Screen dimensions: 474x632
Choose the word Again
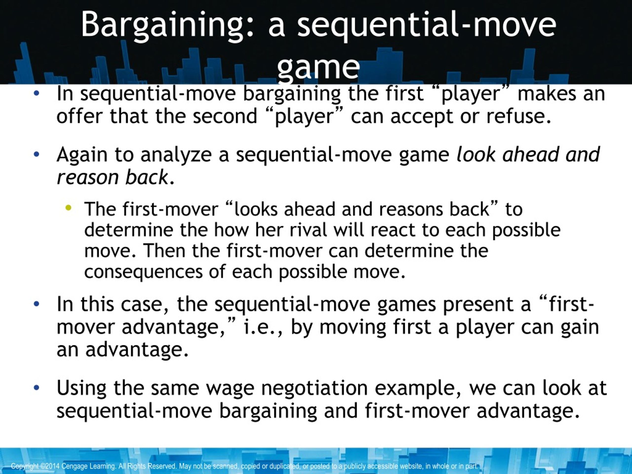coord(82,155)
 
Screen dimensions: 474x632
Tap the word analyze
coord(176,155)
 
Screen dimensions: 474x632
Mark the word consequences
coord(143,271)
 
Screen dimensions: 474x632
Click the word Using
coord(81,388)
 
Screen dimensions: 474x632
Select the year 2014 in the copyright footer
coord(53,466)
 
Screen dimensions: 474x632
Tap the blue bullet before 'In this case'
coord(36,304)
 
